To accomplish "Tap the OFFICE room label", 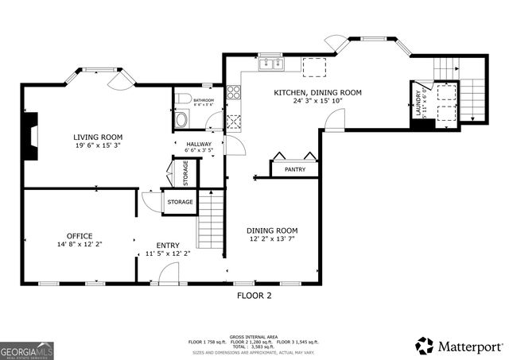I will tap(80, 235).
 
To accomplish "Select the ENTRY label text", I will tap(167, 245).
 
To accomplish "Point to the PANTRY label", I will tap(294, 169).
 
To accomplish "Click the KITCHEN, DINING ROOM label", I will tap(317, 92).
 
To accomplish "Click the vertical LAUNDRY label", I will tap(418, 103).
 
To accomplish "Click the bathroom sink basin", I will tap(181, 120).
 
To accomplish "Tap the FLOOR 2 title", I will tap(254, 296).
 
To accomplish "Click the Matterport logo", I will tap(460, 346).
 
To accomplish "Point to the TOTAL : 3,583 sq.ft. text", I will tap(254, 346).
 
